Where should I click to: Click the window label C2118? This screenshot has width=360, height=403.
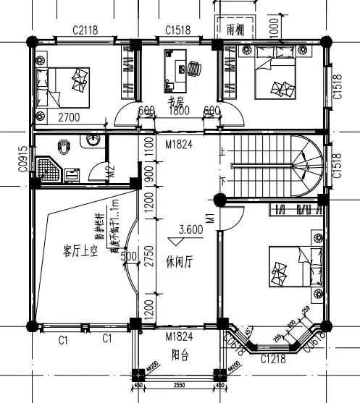tap(85, 30)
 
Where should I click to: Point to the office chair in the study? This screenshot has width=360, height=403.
tap(193, 67)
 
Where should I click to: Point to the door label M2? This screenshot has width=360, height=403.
tap(111, 172)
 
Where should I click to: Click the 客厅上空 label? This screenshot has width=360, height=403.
tap(81, 251)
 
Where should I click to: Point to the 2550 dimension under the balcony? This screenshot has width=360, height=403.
tap(175, 385)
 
